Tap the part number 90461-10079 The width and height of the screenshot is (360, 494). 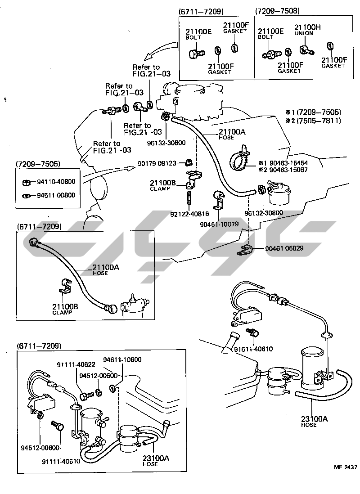[x=219, y=223]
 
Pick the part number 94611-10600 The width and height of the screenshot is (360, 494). [x=122, y=359]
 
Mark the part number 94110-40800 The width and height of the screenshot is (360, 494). [x=56, y=182]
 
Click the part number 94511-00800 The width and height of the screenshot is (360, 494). [x=56, y=195]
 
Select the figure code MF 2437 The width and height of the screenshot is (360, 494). [x=345, y=467]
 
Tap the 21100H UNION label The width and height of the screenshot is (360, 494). [x=307, y=30]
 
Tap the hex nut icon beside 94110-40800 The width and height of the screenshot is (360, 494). [x=26, y=182]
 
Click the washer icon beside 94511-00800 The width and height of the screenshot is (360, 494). [x=27, y=196]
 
